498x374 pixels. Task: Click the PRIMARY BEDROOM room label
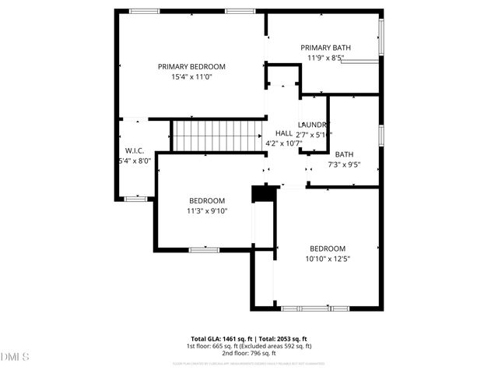coord(191,67)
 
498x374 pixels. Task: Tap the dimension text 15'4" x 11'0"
coord(191,77)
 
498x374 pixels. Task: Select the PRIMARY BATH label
coord(325,48)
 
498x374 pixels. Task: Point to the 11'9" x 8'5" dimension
coord(325,58)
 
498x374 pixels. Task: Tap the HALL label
coord(284,133)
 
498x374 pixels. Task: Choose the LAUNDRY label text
coord(314,125)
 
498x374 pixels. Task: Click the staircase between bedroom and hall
coord(216,136)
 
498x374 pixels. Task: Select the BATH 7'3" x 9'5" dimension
coord(344,164)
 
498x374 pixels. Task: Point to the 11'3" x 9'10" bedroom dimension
coord(206,210)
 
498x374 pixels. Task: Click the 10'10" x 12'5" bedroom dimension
coord(328,259)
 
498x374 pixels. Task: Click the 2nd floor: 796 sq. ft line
coord(248,353)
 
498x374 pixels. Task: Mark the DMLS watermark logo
coord(15,357)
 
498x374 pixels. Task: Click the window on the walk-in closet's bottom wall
coord(135,199)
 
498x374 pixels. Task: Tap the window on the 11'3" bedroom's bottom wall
coord(204,249)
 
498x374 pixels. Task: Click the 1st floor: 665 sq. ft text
coord(212,346)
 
